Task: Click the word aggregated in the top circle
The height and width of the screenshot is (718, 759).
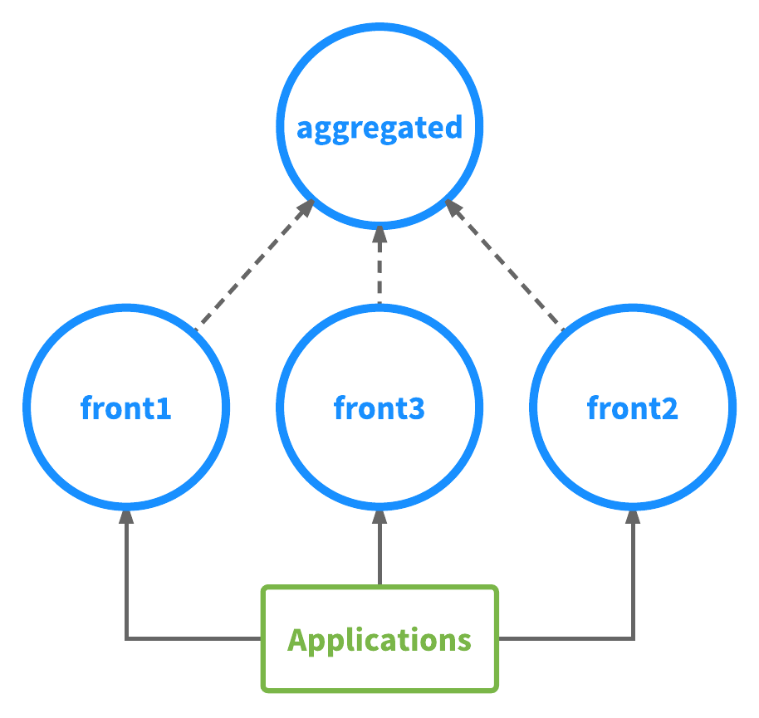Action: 379,129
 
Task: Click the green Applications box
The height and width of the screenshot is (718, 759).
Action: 379,639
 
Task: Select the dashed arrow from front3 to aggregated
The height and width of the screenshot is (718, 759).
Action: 379,270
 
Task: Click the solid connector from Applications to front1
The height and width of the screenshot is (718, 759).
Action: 126,581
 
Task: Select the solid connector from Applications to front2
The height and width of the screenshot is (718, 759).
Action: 633,581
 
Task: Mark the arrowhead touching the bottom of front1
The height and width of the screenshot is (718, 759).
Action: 126,516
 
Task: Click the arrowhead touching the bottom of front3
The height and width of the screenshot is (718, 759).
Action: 379,516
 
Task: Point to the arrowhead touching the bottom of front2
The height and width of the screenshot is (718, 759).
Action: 633,516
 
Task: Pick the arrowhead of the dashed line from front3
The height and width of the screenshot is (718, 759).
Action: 379,233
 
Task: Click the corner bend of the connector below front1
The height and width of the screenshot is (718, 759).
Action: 126,638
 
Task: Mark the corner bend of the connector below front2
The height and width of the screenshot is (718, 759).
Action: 633,638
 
